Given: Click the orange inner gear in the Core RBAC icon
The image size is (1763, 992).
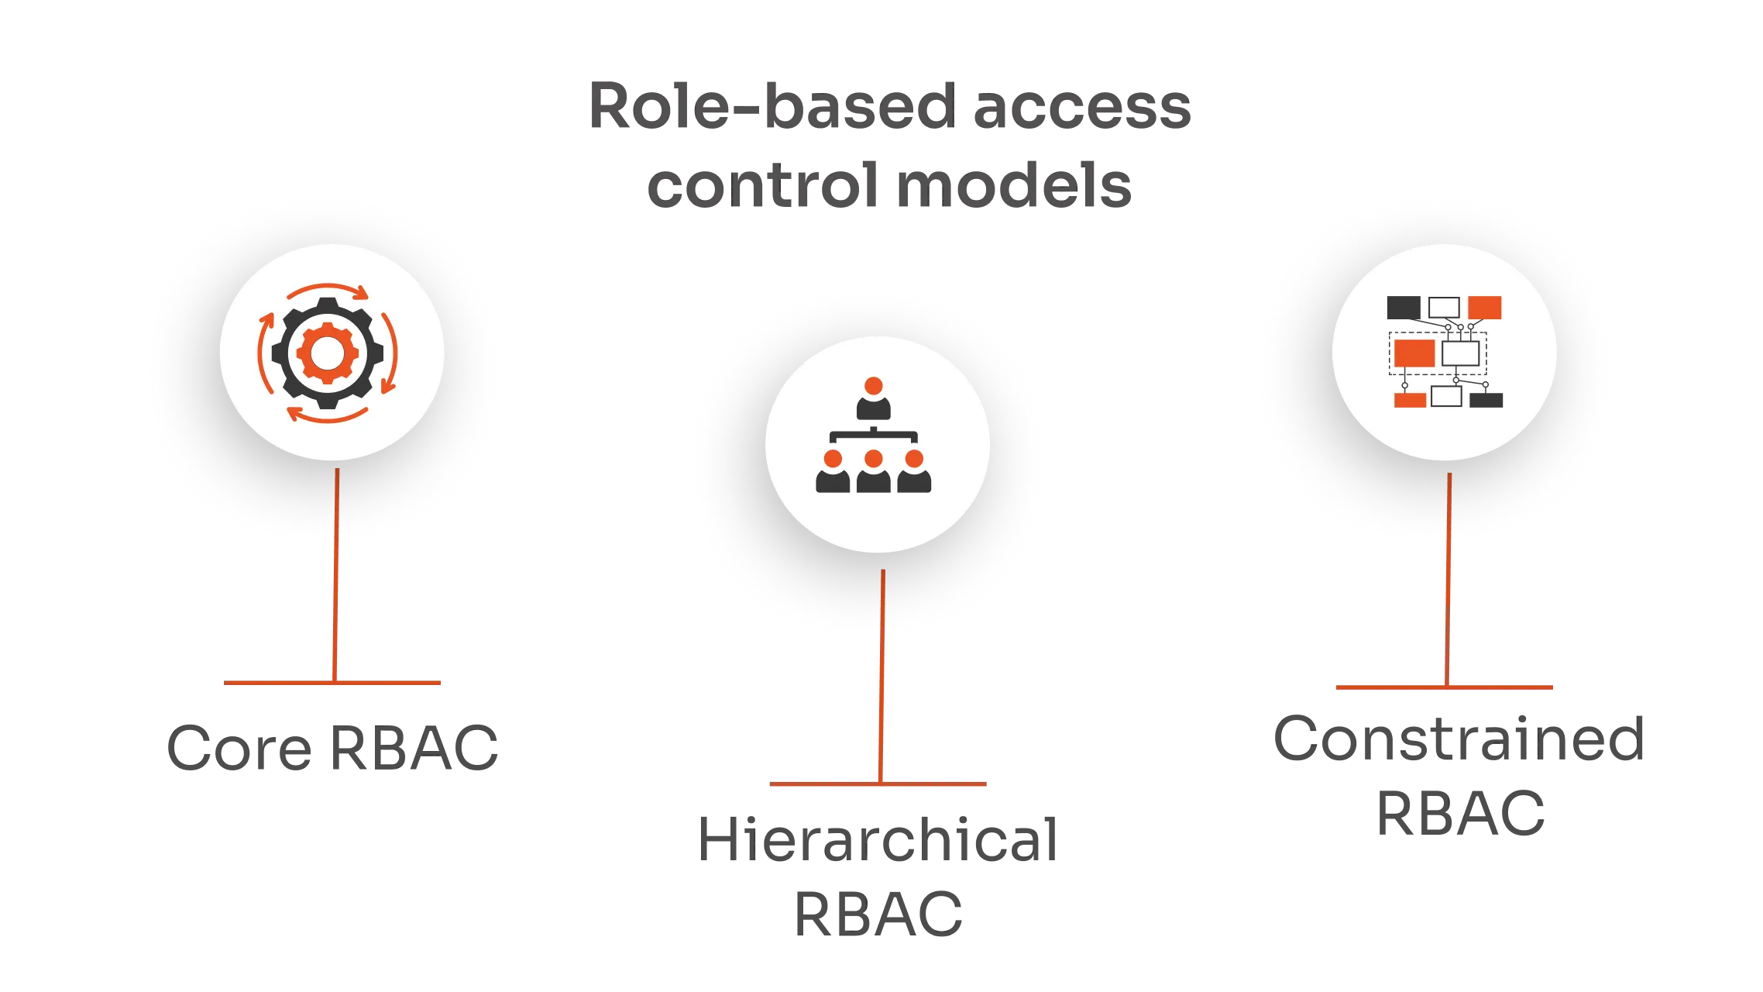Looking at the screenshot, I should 328,353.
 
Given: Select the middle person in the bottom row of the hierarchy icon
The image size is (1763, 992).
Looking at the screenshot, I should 874,472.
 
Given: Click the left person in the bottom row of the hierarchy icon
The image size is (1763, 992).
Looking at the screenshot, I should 833,472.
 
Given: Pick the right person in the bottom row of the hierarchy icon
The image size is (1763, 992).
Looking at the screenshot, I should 915,472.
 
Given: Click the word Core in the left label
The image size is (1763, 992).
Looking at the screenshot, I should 241,747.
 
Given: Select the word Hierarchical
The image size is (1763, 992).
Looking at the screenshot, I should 879,839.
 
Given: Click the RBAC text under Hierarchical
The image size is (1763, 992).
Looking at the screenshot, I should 879,912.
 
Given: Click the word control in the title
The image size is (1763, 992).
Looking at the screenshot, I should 763,187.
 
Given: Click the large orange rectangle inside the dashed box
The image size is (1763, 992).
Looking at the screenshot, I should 1414,353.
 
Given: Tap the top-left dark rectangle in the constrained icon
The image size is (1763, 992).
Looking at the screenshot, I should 1403,307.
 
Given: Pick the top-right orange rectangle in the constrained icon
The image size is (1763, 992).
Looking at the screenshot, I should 1485,307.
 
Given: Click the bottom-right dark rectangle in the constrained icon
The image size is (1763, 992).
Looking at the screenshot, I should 1486,400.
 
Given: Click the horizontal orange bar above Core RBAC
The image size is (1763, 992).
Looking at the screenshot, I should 334,683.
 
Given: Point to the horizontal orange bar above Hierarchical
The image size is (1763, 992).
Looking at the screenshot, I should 879,784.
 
